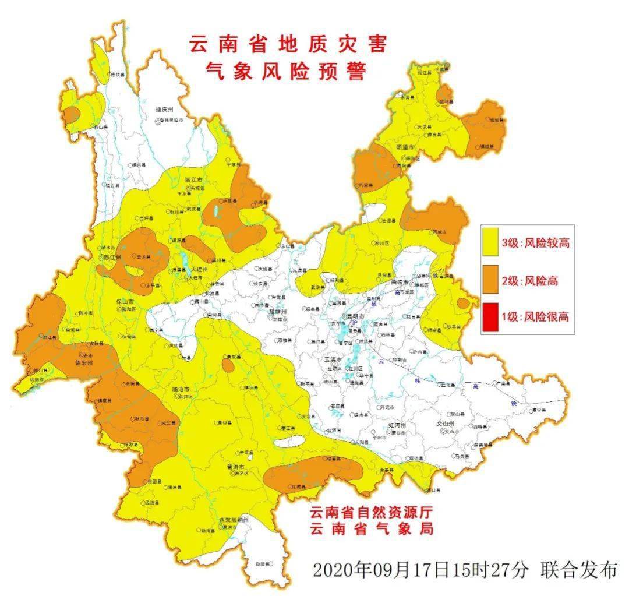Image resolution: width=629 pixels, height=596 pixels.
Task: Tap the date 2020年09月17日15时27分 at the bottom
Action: click(420, 569)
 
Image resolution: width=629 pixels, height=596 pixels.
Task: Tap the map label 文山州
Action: click(448, 424)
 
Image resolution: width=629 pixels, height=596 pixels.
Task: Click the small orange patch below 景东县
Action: click(228, 366)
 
